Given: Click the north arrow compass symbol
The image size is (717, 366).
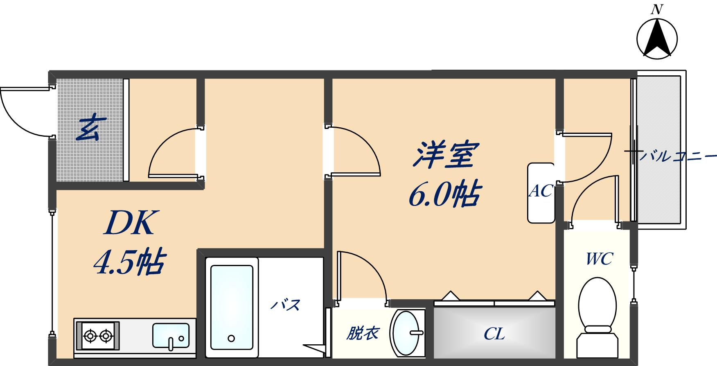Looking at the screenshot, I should [x=657, y=39].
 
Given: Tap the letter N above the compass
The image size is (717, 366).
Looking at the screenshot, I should [x=657, y=9].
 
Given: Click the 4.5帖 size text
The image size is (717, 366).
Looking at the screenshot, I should [x=129, y=262].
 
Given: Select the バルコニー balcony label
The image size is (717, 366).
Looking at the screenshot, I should [x=678, y=156].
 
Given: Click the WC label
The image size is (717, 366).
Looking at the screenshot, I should [x=599, y=259].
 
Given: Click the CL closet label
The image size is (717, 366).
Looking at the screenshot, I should [x=494, y=334].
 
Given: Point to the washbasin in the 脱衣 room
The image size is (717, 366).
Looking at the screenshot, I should [x=407, y=333].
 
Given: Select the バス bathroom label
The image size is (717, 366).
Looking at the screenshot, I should [x=286, y=305].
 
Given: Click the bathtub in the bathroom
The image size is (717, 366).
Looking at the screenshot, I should [x=232, y=307].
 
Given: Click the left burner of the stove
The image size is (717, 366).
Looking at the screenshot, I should [x=90, y=336].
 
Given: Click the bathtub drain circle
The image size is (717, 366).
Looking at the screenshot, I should [x=231, y=339].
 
